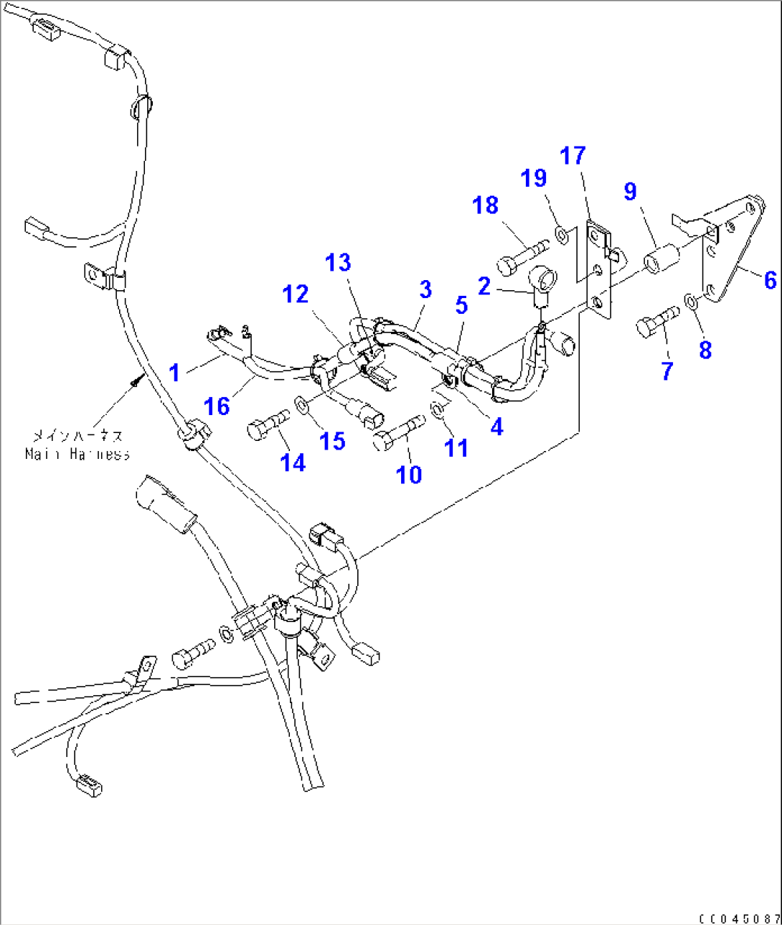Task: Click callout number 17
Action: tap(573, 156)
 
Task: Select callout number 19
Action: tap(534, 179)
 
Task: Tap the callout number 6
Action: tap(770, 280)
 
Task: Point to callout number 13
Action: tap(338, 263)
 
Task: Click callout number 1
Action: tap(174, 373)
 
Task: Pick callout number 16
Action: tap(216, 406)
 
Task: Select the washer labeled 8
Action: tap(689, 299)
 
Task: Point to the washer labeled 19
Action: tap(563, 233)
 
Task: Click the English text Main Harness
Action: tap(77, 454)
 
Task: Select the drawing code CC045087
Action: tap(738, 919)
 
